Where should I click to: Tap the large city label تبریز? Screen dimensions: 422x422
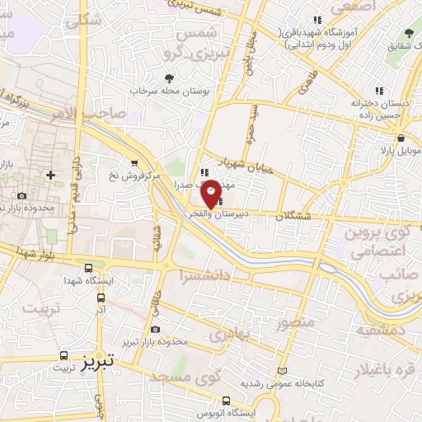(x=101, y=360)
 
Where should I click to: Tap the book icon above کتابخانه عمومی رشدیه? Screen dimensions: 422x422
(x=284, y=372)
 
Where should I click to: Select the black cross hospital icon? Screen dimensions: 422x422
(x=51, y=175)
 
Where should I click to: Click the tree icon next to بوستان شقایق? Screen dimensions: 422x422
(x=410, y=31)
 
